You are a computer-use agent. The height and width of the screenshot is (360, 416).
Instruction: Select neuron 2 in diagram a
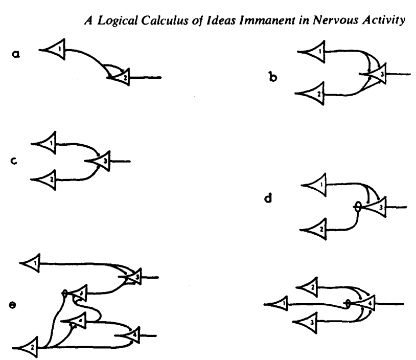pyautogui.click(x=121, y=78)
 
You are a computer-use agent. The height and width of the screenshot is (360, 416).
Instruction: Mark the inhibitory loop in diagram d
pyautogui.click(x=358, y=207)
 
